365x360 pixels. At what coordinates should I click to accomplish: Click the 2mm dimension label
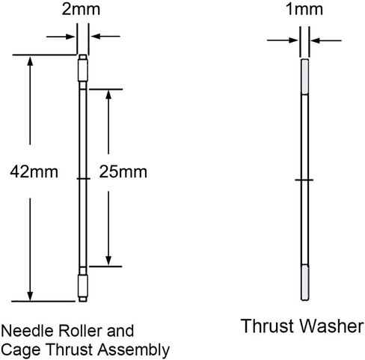(x=81, y=9)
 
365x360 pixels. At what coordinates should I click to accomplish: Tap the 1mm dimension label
(x=304, y=9)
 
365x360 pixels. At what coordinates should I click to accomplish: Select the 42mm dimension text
(x=34, y=172)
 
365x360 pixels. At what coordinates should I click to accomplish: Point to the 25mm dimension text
(x=123, y=172)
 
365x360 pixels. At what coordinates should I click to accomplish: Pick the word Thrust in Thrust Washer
(x=268, y=326)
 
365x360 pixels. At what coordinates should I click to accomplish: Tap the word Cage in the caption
(x=20, y=350)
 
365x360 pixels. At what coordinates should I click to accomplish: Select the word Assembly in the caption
(x=133, y=350)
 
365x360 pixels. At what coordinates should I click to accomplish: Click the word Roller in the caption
(x=80, y=331)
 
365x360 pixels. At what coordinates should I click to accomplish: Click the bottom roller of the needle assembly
(x=83, y=286)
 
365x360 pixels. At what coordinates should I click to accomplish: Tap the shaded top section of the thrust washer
(x=304, y=77)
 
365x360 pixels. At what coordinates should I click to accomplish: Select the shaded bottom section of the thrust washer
(x=305, y=282)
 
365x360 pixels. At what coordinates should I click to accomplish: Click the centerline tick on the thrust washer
(x=304, y=180)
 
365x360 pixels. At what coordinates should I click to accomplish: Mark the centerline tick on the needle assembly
(x=83, y=179)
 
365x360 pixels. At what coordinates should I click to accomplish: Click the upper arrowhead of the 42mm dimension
(x=30, y=61)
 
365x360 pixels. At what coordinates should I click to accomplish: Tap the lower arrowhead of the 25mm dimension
(x=108, y=260)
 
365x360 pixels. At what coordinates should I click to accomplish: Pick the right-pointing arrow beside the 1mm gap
(x=282, y=40)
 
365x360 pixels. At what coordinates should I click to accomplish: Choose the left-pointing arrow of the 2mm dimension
(x=105, y=36)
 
